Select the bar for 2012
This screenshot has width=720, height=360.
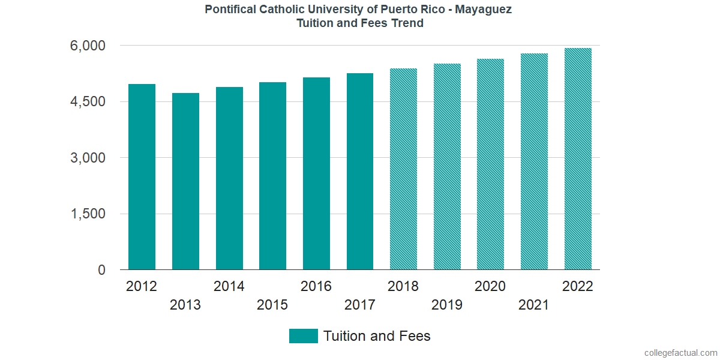[142, 177]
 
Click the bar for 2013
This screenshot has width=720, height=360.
[185, 181]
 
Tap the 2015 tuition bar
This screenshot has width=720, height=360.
[272, 176]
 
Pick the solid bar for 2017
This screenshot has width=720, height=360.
[360, 172]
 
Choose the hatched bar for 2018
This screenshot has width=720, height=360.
[403, 169]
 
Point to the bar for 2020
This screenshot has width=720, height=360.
[490, 164]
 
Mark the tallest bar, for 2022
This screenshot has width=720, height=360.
[578, 159]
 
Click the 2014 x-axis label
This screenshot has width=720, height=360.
[229, 286]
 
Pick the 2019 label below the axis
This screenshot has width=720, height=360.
[447, 305]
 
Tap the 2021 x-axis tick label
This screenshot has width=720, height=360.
[534, 305]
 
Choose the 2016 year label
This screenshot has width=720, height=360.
[316, 286]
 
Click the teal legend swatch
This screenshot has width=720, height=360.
[303, 336]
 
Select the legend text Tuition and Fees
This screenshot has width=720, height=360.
[377, 336]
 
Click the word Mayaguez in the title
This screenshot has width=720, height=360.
[484, 10]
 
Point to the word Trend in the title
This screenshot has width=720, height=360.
[407, 23]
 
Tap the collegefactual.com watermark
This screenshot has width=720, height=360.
[680, 353]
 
